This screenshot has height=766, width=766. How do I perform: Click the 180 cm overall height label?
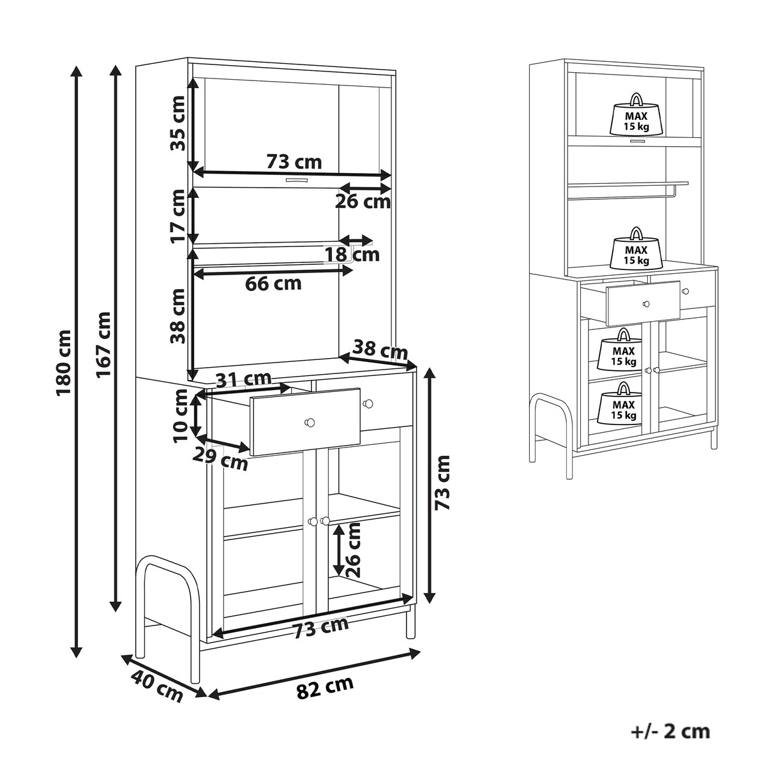tap(64, 363)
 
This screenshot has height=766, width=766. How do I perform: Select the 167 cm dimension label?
tap(103, 345)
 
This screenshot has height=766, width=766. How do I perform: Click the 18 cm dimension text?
tap(352, 255)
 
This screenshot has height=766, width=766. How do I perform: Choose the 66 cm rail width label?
tap(273, 284)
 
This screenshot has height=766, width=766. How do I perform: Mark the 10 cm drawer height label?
tap(180, 416)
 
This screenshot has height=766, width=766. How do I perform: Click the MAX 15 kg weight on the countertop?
tap(636, 249)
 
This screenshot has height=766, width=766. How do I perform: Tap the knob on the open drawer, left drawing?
tap(309, 422)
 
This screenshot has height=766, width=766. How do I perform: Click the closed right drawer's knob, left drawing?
tap(368, 404)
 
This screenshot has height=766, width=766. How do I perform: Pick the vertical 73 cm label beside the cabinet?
tap(442, 483)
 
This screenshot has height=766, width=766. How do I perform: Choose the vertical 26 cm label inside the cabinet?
tap(352, 550)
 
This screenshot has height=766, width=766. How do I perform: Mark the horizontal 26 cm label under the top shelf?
tap(363, 202)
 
